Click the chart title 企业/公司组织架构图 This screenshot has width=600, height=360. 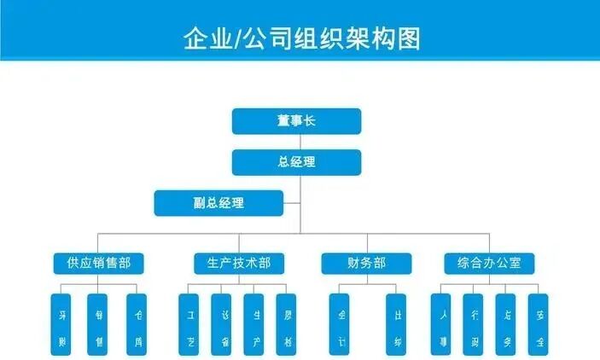(x=300, y=38)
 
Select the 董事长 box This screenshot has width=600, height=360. (x=296, y=121)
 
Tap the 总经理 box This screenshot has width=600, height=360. (x=296, y=161)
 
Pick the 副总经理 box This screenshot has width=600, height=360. (x=218, y=202)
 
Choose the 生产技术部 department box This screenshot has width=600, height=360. (x=233, y=263)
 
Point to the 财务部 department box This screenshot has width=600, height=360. (x=366, y=263)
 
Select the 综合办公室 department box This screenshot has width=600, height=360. (x=490, y=263)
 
